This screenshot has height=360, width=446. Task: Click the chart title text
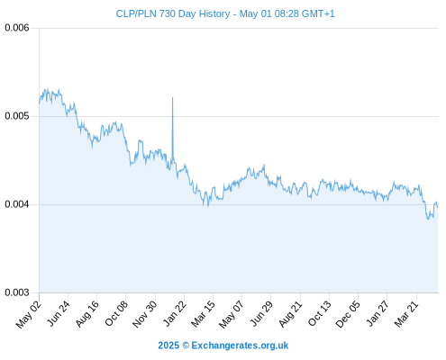225,13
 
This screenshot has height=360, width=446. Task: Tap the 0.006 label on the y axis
17,28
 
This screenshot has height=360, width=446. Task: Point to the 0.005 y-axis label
17,116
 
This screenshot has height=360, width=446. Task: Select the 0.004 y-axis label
17,204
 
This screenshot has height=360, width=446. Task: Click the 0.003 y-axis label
17,292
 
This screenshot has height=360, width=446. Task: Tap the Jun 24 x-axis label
58,313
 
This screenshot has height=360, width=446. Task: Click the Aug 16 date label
86,313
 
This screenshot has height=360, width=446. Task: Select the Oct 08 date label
116,313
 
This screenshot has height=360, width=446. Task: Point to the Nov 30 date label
144,314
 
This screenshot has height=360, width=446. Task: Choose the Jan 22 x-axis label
174,313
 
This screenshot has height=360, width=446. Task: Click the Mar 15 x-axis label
203,313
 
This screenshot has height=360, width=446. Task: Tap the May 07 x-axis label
232,314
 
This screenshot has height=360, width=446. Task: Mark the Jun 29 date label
261,313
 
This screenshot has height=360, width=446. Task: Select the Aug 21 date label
290,313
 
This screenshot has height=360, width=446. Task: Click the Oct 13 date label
320,313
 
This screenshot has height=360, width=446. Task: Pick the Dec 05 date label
348,314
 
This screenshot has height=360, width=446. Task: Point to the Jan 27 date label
378,313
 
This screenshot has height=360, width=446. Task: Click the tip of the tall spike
172,97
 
